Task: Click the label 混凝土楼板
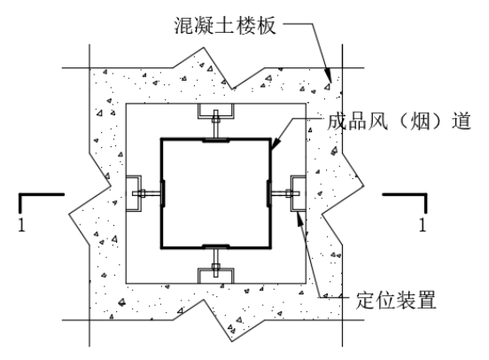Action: (x=225, y=26)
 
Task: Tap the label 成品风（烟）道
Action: (x=399, y=121)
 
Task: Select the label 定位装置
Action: (x=396, y=300)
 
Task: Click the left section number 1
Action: (x=21, y=224)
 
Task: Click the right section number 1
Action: (x=423, y=224)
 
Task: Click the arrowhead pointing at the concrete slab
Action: (x=328, y=75)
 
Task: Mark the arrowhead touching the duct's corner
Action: (x=276, y=144)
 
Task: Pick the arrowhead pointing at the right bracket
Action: (x=299, y=218)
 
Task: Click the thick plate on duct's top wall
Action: (x=216, y=141)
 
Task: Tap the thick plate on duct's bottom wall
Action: (x=216, y=246)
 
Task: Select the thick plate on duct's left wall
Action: (x=163, y=193)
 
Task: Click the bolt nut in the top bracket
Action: (x=216, y=120)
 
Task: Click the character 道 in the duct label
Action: (x=462, y=121)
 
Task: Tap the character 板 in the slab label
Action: (x=267, y=26)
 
